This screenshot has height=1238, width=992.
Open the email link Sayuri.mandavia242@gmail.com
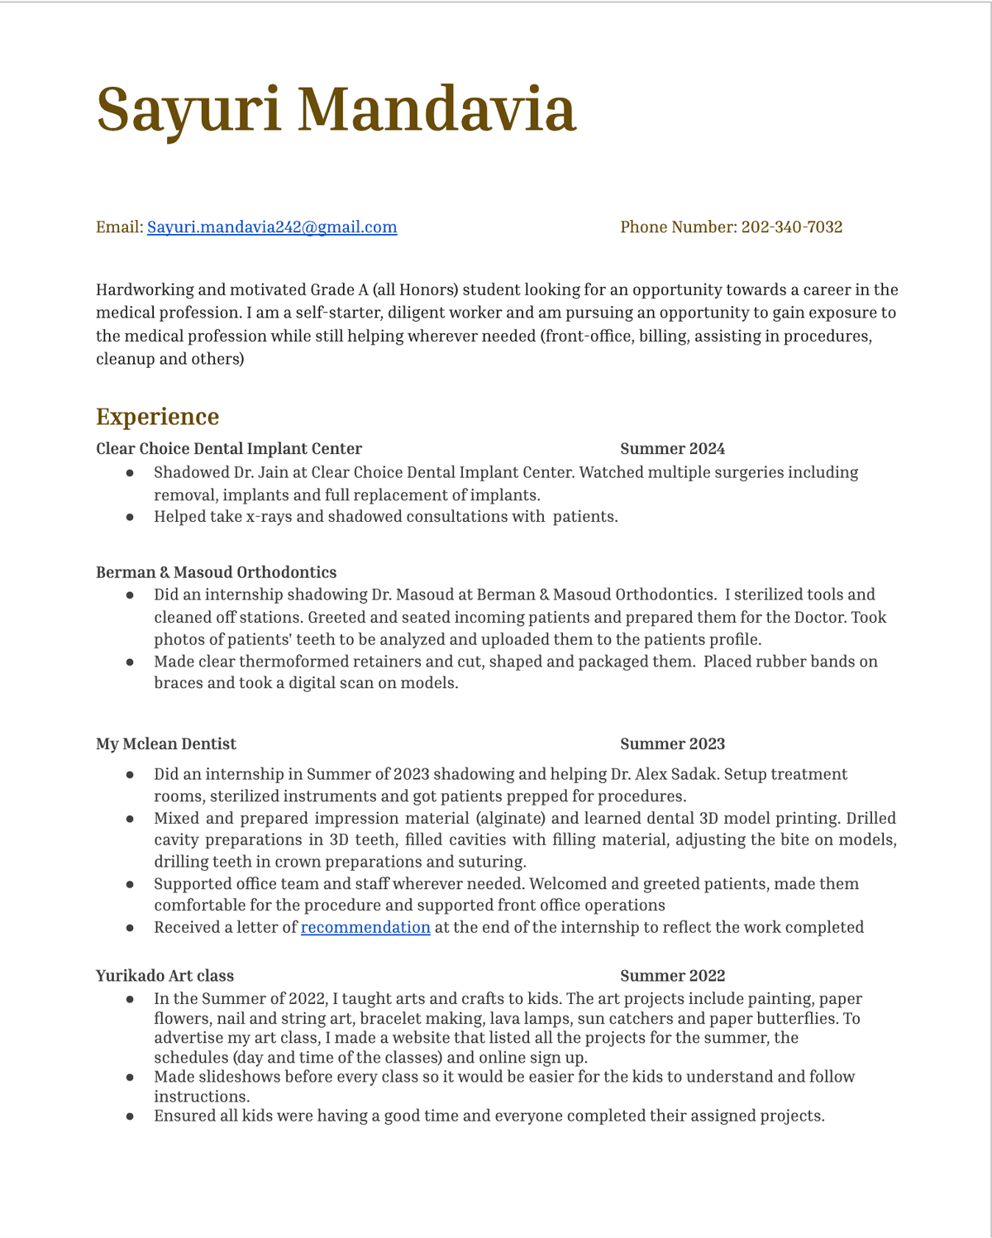[x=272, y=227]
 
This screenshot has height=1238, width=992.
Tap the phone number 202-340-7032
[x=791, y=227]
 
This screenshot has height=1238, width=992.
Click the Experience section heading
[x=157, y=417]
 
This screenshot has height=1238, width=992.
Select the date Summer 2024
[x=672, y=449]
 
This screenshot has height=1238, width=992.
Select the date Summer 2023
[x=672, y=744]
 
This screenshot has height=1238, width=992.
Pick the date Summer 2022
[x=672, y=976]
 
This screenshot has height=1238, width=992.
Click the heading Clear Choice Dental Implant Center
[x=229, y=449]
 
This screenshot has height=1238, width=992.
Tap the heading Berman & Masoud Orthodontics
[x=216, y=572]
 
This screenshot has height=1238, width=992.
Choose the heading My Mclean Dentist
[x=166, y=744]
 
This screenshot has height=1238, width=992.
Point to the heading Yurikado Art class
[x=165, y=976]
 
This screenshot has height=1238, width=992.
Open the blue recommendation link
[x=365, y=927]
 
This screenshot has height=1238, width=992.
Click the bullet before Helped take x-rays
[x=130, y=517]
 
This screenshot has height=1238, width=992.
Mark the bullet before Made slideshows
[x=130, y=1077]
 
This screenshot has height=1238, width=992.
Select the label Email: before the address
[x=119, y=227]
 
